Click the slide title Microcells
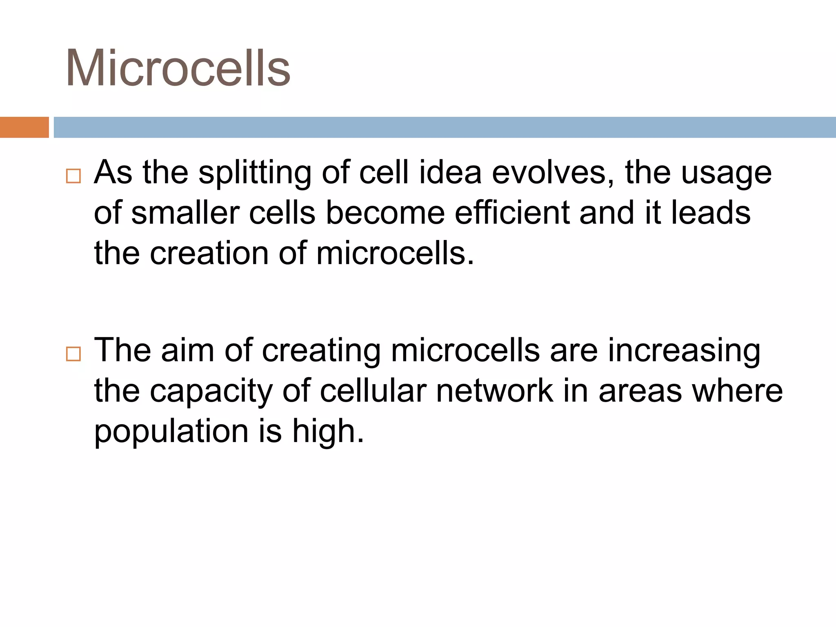pyautogui.click(x=178, y=68)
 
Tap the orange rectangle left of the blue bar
pyautogui.click(x=24, y=127)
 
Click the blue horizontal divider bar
pyautogui.click(x=445, y=127)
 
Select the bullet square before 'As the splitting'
pyautogui.click(x=73, y=176)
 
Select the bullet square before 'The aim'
pyautogui.click(x=73, y=354)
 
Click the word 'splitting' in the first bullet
pyautogui.click(x=255, y=173)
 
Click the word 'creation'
pyautogui.click(x=209, y=253)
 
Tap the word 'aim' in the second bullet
pyautogui.click(x=187, y=350)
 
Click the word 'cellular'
pyautogui.click(x=373, y=391)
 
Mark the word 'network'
pyautogui.click(x=494, y=391)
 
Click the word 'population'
pyautogui.click(x=171, y=432)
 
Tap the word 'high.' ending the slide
pyautogui.click(x=328, y=431)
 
